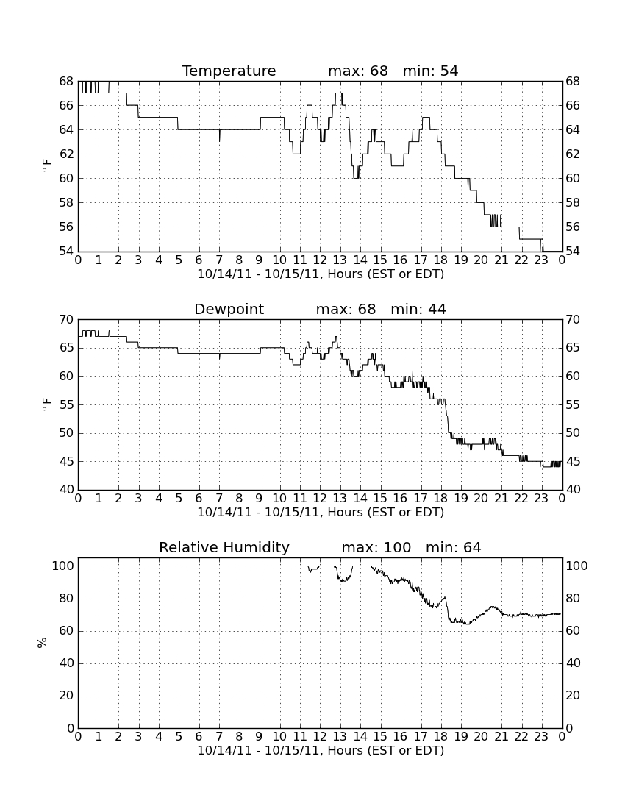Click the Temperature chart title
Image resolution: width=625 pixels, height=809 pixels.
229,71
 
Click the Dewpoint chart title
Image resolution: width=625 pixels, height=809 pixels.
229,310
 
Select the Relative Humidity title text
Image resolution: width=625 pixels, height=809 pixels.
224,548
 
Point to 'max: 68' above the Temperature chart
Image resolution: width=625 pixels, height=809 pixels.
358,71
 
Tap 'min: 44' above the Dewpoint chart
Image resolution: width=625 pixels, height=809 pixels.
418,310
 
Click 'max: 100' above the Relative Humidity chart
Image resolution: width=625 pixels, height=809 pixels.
376,547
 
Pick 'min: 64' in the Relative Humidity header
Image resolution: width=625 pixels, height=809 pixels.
453,547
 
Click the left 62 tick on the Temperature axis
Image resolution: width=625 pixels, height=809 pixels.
66,154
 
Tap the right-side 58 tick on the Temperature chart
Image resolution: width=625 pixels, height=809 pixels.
573,202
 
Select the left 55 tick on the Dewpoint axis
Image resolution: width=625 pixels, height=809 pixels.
66,405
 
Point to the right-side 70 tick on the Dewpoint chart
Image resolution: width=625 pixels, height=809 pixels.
573,320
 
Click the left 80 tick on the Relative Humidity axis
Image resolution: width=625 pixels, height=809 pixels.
67,599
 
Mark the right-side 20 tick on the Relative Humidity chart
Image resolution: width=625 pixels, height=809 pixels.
574,696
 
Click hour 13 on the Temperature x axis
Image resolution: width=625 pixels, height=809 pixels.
340,260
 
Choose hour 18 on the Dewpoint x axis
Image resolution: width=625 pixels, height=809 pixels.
441,499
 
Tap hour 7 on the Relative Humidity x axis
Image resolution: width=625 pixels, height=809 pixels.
219,737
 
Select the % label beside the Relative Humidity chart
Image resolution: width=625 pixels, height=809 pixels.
43,643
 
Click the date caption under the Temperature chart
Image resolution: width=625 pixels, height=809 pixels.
321,274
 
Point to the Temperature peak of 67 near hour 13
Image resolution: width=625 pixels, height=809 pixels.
339,93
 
